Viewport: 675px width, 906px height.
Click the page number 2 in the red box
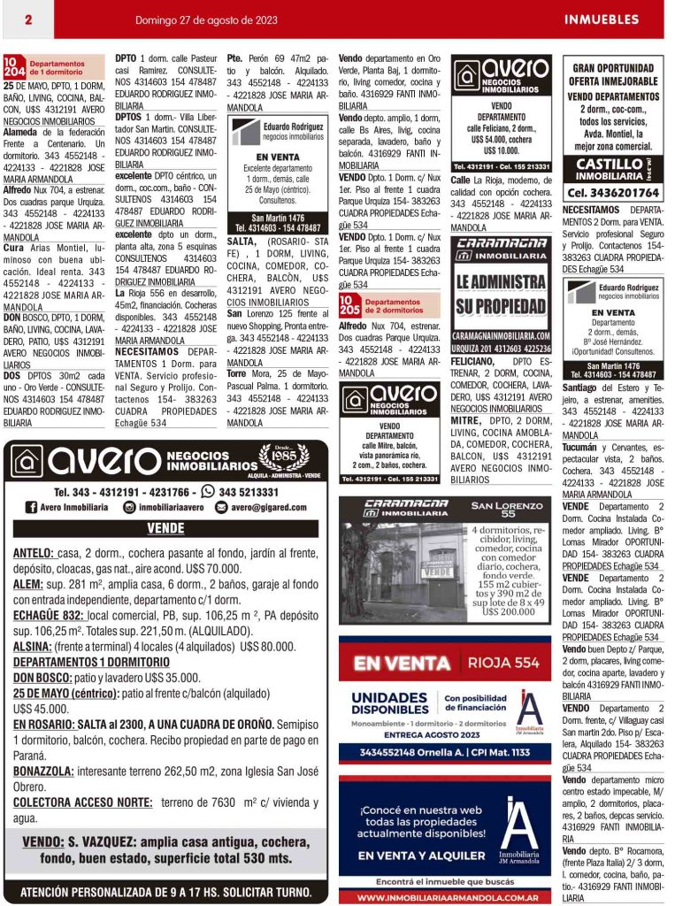(x=27, y=19)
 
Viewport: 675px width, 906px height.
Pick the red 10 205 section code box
(x=349, y=305)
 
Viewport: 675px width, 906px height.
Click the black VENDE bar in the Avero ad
(x=165, y=528)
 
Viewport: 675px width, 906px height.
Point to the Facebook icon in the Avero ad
(x=31, y=507)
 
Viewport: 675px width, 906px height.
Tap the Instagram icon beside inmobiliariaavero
(x=129, y=507)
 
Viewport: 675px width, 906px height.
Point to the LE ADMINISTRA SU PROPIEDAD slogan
(x=501, y=295)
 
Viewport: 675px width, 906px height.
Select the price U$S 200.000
(x=508, y=610)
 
